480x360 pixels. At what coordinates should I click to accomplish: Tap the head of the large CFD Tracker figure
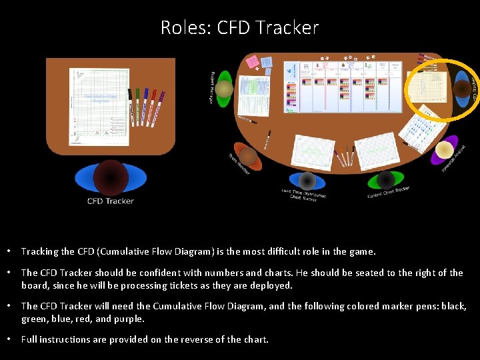click(x=111, y=177)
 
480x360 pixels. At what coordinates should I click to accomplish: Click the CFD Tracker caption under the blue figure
click(x=111, y=201)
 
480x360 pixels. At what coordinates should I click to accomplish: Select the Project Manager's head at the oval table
click(x=224, y=89)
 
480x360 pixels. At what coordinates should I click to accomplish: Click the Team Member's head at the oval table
click(x=248, y=157)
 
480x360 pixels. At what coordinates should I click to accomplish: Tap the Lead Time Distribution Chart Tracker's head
click(x=307, y=181)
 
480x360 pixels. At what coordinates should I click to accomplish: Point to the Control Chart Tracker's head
click(x=385, y=179)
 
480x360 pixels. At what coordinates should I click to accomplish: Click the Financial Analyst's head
click(x=443, y=151)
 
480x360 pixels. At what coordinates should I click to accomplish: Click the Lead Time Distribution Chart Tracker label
click(x=304, y=195)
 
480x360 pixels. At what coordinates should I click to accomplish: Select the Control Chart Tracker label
click(x=389, y=192)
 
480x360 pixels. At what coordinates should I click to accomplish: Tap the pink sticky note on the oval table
click(x=253, y=63)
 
